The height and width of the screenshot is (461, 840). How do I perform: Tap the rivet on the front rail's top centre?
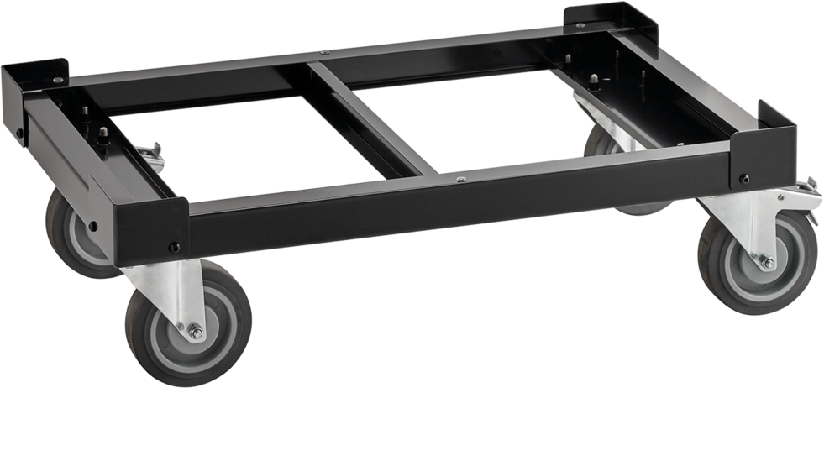click(461, 178)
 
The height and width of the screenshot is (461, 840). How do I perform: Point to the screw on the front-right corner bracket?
click(744, 178)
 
